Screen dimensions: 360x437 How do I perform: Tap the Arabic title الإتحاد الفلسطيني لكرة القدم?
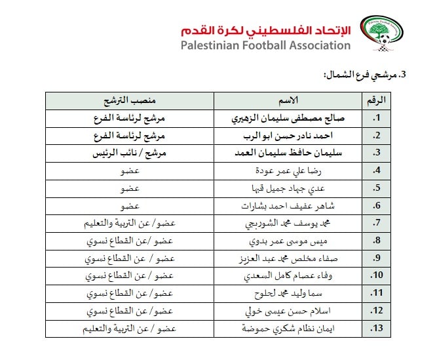point(265,30)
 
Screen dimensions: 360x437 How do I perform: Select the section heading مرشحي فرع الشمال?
point(370,75)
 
